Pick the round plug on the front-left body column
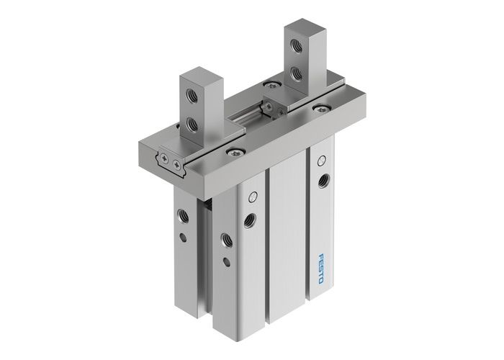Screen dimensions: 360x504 251,197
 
